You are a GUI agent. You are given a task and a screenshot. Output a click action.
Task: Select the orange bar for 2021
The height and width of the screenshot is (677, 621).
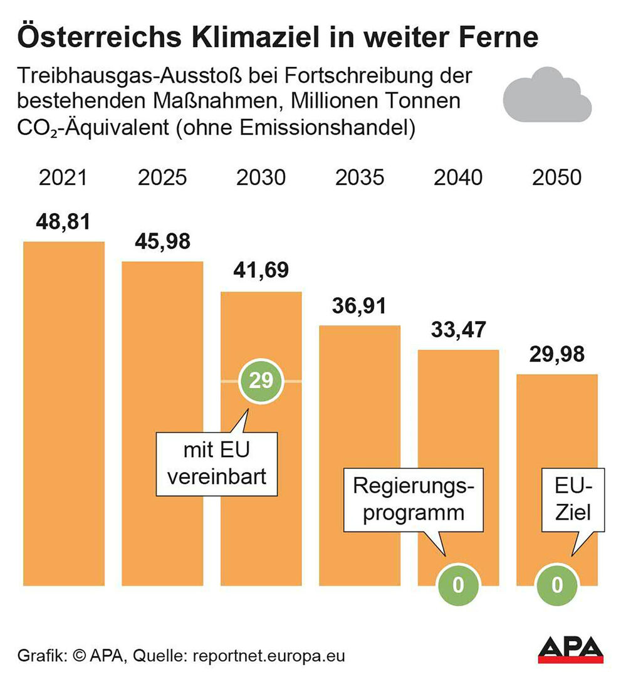coord(63,414)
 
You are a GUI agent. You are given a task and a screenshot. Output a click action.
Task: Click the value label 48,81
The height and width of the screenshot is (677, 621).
coord(63,221)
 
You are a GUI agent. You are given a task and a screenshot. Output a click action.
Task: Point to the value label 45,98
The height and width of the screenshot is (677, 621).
coord(162,241)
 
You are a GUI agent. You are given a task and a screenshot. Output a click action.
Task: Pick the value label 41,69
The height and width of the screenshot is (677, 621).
coord(261,271)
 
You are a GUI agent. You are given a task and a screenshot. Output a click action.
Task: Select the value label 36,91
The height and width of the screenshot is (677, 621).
coord(360,306)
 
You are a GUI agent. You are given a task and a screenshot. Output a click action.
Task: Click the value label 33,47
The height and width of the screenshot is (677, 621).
coord(458,330)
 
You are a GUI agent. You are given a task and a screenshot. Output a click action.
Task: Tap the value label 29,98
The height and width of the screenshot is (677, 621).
coord(556,355)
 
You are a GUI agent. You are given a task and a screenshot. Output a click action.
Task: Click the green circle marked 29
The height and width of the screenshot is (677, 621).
coord(261,380)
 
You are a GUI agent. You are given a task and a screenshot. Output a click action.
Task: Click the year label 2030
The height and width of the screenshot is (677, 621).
coord(261,177)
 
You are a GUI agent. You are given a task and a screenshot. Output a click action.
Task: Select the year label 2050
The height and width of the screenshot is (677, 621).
coord(556,177)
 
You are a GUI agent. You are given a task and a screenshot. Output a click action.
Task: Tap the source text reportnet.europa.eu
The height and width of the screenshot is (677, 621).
coord(269,656)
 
